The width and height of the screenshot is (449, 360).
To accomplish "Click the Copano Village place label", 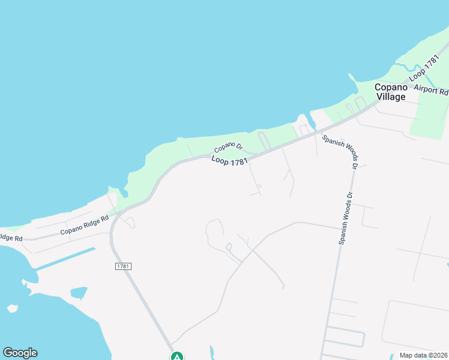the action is (391, 92).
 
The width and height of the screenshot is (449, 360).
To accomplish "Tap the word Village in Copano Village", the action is (391, 97).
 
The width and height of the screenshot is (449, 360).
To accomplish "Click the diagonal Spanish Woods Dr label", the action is (340, 150).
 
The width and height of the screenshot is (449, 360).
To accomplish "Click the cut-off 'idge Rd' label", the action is (11, 238).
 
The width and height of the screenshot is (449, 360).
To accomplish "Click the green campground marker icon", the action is (177, 356).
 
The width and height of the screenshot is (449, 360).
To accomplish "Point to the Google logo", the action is (20, 353).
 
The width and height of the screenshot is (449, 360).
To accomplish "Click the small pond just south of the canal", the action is (79, 293).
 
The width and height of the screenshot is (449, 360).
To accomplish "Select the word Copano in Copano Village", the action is (391, 87).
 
